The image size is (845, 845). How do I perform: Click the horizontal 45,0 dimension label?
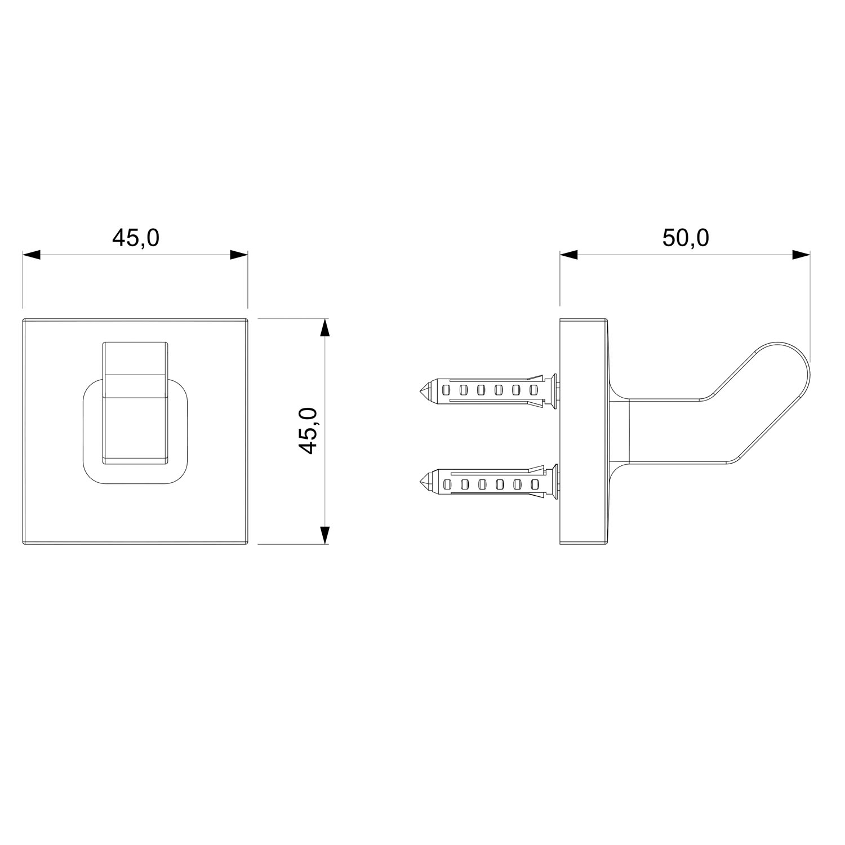[x=136, y=238]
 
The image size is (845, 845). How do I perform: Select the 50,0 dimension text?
[x=685, y=238]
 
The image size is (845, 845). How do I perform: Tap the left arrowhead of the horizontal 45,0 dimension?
[x=32, y=255]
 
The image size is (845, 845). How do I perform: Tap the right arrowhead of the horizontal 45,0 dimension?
[x=239, y=255]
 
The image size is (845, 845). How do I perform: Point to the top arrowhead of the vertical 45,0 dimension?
[x=324, y=328]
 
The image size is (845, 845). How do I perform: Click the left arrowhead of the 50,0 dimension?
[x=569, y=255]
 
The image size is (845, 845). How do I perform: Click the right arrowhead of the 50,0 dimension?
[x=801, y=255]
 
